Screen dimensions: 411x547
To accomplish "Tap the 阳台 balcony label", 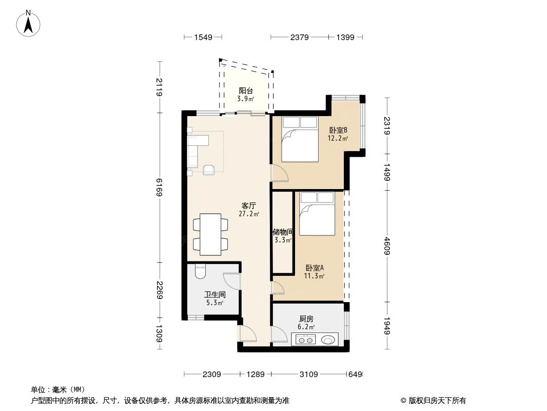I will tap(245, 91).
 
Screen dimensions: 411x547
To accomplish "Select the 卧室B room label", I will tap(339, 130).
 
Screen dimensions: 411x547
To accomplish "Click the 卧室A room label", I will tap(315, 268).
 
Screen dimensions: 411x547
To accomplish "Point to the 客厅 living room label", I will tap(249, 206).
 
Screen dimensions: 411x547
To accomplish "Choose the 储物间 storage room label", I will tap(282, 232).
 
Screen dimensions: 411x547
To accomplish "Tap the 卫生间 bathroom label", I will tap(214, 295).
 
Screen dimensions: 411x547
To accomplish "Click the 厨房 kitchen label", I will tap(306, 319).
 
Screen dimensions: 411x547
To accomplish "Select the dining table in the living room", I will tap(210, 234).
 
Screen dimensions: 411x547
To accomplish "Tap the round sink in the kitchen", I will tap(328, 339).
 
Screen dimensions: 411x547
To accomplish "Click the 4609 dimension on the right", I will tap(388, 245).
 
